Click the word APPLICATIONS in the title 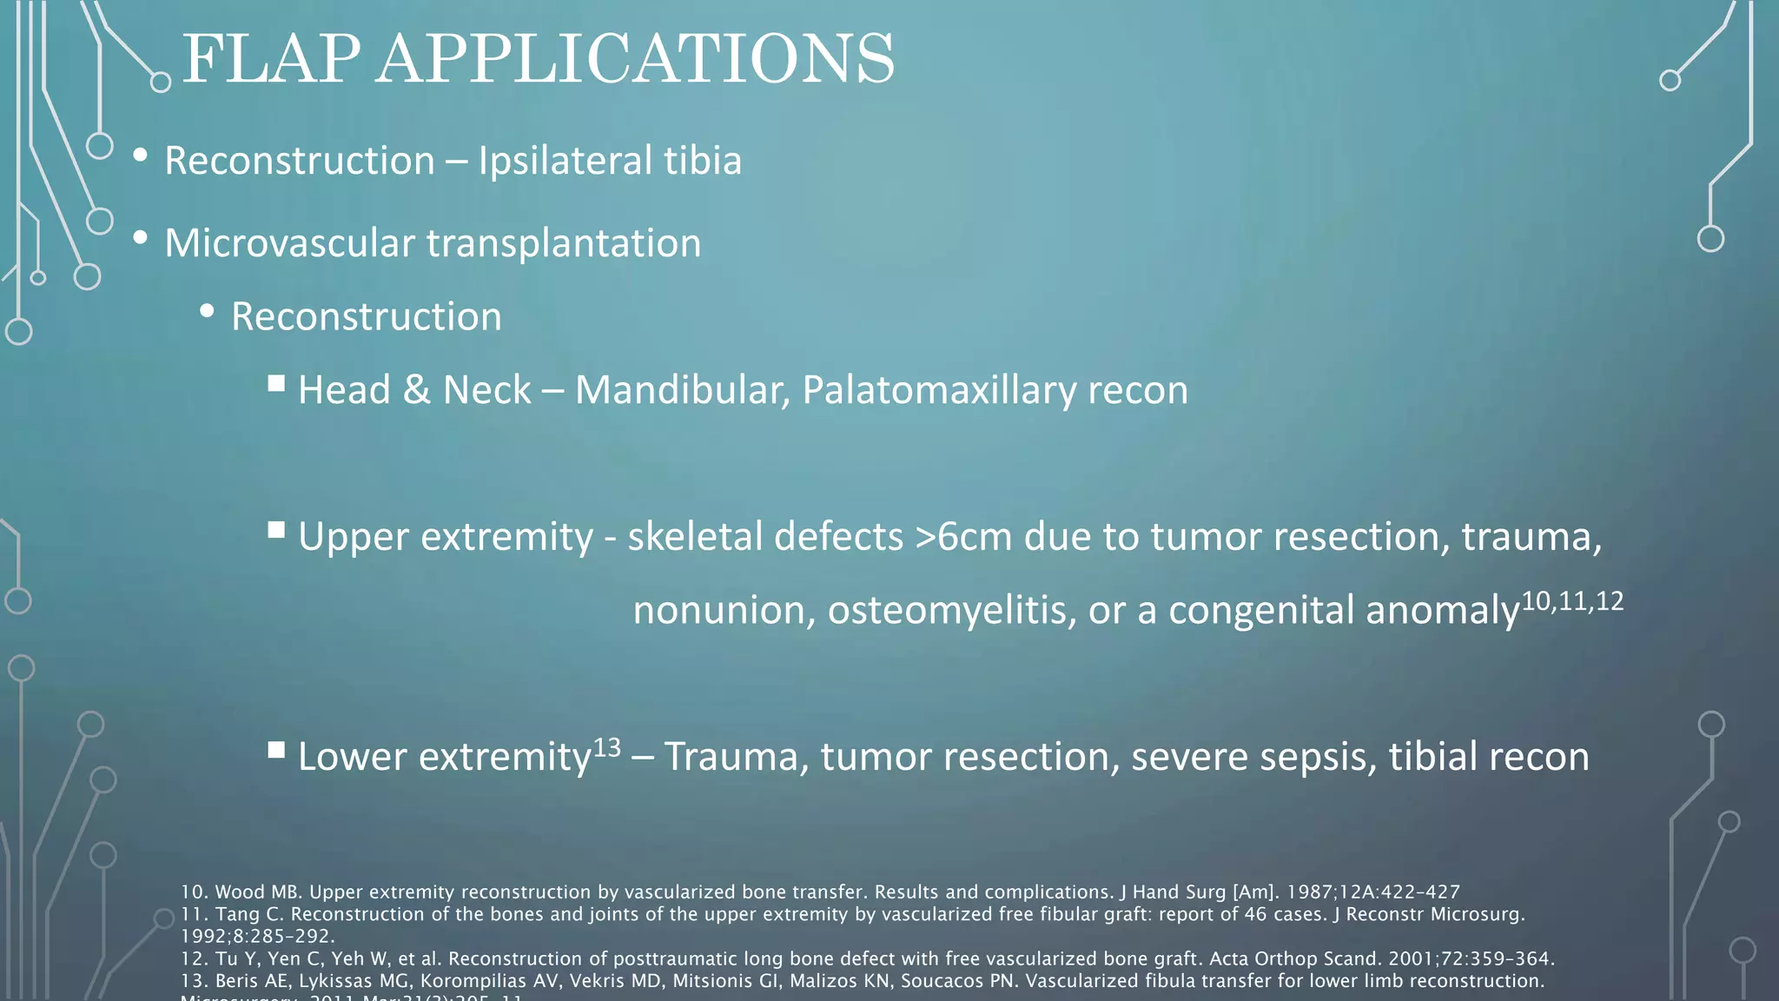634,59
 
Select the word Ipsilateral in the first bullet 565,162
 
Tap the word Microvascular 289,243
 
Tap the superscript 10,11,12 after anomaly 1572,601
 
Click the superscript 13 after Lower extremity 607,748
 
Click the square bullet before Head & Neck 276,383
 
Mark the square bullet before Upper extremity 276,530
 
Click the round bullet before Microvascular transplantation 140,238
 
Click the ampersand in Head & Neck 417,390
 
